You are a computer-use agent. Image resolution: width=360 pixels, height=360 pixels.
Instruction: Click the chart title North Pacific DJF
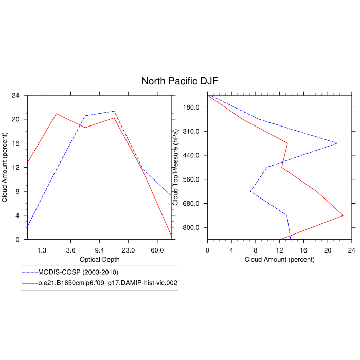coord(180,81)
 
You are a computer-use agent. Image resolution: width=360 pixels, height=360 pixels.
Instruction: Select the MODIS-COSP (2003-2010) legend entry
coord(82,272)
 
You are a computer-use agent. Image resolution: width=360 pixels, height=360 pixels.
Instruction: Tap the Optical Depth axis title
coord(100,260)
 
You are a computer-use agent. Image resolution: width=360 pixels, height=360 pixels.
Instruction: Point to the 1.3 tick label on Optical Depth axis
coord(42,250)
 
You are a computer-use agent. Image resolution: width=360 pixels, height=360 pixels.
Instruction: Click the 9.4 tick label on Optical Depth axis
coord(100,250)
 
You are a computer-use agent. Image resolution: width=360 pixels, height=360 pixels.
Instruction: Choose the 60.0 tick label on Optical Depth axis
coord(157,250)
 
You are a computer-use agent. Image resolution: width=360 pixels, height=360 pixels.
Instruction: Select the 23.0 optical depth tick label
coord(129,250)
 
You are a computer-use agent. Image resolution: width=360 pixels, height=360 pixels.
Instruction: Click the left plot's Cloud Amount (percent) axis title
coord(5,167)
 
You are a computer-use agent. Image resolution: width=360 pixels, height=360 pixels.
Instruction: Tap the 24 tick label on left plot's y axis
coord(16,95)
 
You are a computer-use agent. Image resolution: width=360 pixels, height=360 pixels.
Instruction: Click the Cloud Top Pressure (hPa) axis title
coord(176,167)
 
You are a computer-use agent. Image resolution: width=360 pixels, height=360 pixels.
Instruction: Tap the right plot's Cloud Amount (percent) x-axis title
coord(279,260)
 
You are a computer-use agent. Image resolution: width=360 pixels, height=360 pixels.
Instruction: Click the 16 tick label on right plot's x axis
coord(303,250)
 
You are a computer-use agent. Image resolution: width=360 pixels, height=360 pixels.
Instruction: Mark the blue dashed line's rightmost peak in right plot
coord(337,143)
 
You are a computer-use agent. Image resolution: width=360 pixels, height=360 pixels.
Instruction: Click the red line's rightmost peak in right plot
coord(343,215)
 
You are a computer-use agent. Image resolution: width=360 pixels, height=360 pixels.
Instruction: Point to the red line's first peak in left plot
coord(56,114)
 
